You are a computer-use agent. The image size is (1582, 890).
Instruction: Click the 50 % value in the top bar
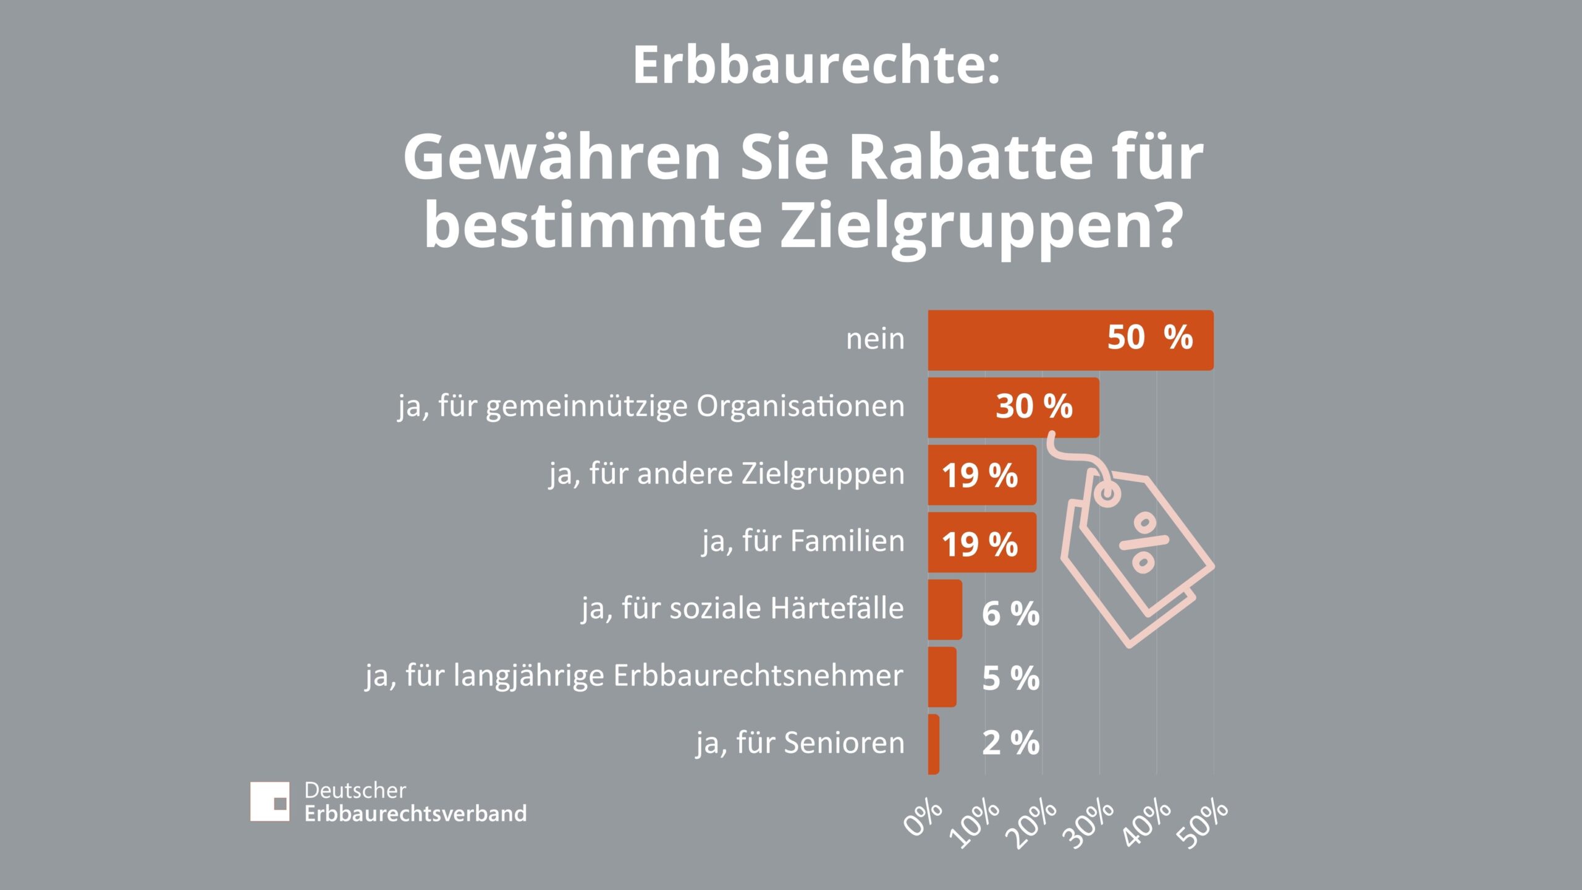pos(1149,338)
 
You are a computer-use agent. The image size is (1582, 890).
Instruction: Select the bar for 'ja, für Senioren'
pos(933,744)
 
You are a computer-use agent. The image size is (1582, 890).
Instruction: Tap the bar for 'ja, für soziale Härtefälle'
pos(944,609)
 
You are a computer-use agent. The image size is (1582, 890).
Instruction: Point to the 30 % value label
pos(1034,407)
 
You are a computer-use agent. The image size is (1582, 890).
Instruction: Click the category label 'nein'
pos(875,339)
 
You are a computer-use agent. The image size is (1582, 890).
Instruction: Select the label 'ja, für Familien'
pos(803,541)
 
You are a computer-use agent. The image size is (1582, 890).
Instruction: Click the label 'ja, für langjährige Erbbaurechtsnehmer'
pos(634,676)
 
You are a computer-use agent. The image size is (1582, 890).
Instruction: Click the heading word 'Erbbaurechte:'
pos(816,66)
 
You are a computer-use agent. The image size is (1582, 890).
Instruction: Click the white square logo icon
pos(269,801)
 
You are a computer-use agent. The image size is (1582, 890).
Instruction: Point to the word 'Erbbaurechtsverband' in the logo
pos(415,813)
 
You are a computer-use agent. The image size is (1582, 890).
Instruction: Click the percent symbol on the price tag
pos(1144,543)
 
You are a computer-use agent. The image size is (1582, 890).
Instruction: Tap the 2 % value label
pos(1010,743)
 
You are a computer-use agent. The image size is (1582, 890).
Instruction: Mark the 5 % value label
pos(1010,678)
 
